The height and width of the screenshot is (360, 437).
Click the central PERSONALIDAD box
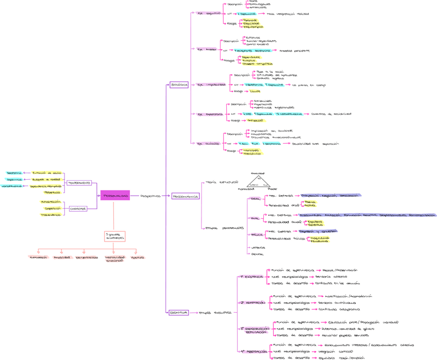coord(115,196)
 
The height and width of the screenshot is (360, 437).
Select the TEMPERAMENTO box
coord(79,183)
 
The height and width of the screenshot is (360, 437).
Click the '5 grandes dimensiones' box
coord(114,236)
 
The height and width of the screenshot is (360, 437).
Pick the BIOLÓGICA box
coord(179,85)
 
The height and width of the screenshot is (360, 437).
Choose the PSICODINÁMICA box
coord(185,196)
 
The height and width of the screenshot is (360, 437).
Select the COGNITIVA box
coord(178,313)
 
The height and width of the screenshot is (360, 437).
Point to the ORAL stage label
coord(256,199)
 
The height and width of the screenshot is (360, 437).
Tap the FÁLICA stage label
coord(257,235)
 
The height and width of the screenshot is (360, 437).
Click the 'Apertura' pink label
coord(138,257)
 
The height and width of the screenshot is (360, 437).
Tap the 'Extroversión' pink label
coord(39,257)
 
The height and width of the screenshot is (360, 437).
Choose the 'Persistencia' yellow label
coord(52,192)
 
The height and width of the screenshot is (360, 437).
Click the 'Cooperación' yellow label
coord(52,209)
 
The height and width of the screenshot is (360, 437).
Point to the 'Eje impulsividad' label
coord(210,85)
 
